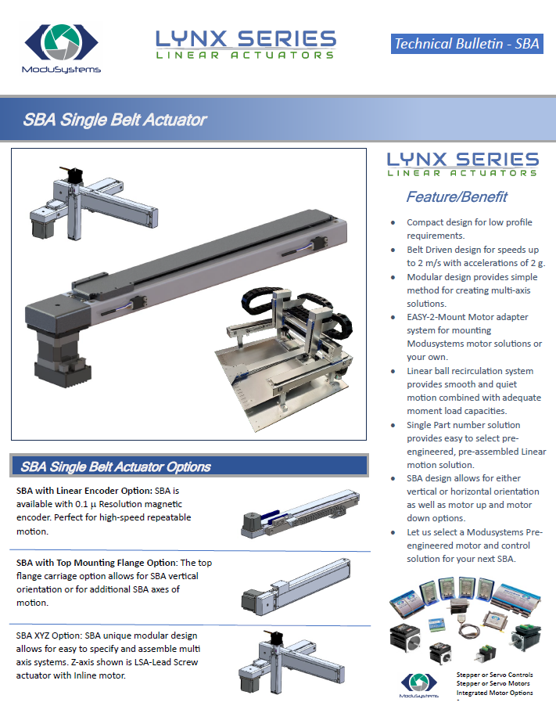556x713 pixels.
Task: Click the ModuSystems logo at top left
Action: [x=61, y=49]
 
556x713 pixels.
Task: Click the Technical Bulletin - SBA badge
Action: [x=467, y=44]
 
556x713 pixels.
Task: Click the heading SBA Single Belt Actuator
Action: [x=115, y=120]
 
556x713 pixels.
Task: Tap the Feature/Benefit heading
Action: [x=457, y=197]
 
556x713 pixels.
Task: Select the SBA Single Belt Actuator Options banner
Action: [x=189, y=466]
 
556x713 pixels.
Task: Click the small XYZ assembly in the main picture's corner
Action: [x=94, y=203]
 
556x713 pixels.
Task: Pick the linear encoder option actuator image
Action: [x=300, y=513]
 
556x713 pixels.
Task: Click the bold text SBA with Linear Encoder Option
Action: [x=84, y=491]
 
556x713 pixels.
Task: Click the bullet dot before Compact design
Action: [x=393, y=223]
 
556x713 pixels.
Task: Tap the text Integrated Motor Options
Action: [x=495, y=693]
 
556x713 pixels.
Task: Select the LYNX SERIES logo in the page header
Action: [x=246, y=45]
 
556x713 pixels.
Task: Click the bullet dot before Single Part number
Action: [x=393, y=426]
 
